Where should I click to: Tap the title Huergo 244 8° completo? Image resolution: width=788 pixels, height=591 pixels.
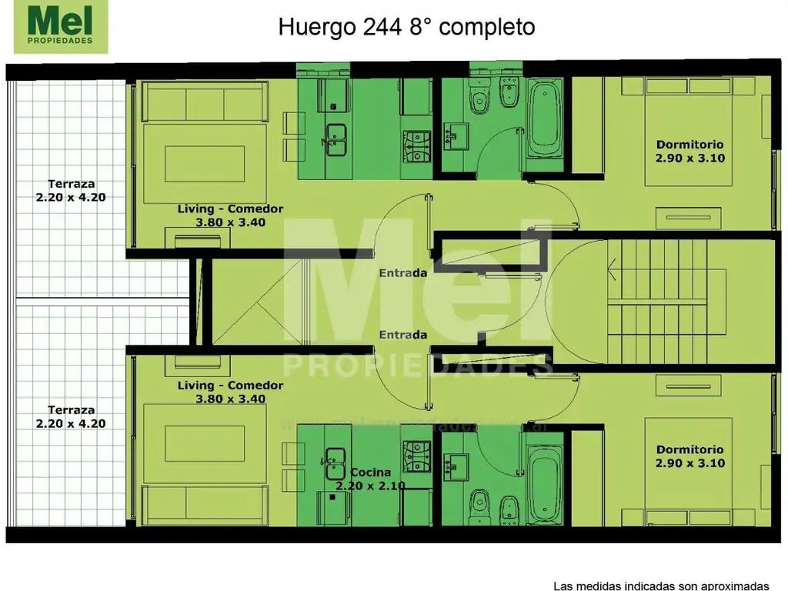[406, 27]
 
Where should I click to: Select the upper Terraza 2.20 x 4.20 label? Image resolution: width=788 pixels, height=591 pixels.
[71, 190]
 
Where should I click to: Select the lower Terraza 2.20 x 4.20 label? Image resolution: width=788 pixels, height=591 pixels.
[71, 416]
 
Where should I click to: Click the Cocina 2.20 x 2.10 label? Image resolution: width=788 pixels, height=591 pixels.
[370, 479]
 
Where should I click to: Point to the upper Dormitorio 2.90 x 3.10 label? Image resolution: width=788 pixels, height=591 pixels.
[689, 151]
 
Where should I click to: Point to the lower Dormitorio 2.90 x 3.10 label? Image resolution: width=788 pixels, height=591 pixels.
[689, 456]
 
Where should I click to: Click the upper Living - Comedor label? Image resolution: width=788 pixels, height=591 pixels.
[230, 215]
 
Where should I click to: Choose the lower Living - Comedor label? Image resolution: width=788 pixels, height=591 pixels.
[230, 392]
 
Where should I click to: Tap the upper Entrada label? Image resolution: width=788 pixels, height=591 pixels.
[402, 272]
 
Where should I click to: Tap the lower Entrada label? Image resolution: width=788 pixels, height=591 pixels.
[402, 335]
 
